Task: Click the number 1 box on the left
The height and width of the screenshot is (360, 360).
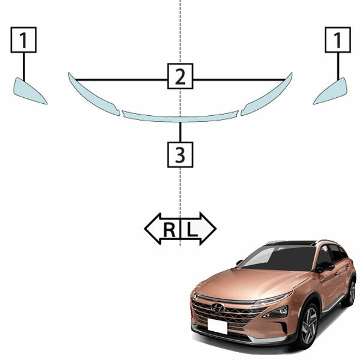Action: (x=23, y=40)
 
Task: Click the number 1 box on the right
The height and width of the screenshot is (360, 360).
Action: (x=338, y=40)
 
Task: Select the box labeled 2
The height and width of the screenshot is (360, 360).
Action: (x=180, y=76)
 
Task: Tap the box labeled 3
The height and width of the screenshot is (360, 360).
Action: (x=180, y=155)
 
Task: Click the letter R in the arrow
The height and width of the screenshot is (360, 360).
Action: (x=169, y=230)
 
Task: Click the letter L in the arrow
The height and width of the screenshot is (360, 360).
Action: (x=192, y=230)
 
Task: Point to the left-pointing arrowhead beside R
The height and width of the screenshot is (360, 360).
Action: (x=152, y=229)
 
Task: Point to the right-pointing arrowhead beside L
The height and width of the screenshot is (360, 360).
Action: (x=208, y=229)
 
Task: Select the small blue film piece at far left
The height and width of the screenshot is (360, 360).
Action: (x=28, y=92)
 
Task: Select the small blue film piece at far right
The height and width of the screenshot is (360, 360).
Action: (x=332, y=92)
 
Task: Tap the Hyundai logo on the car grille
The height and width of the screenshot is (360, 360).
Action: (x=218, y=308)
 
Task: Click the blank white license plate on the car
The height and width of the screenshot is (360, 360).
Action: (x=217, y=326)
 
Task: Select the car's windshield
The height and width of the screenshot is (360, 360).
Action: (x=279, y=258)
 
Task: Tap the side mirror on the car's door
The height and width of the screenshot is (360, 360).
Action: (x=325, y=267)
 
